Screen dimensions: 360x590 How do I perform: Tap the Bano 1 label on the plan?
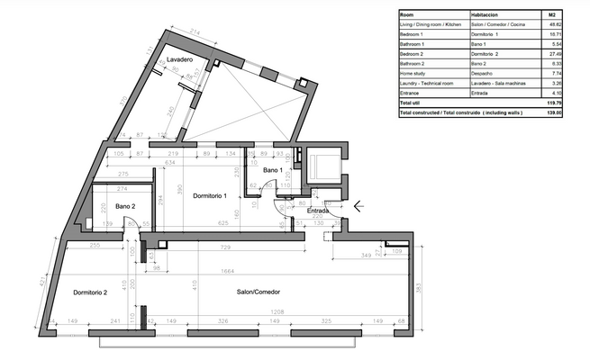coord(273,169)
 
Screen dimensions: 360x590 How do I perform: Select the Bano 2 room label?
coord(124,206)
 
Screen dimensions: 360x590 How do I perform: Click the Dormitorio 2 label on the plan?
coord(86,292)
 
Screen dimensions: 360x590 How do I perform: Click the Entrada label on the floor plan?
coord(318,211)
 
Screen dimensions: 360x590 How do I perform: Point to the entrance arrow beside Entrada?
coord(359,206)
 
